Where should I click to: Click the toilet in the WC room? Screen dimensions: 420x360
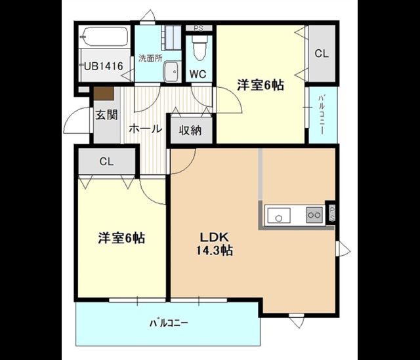point(199,48)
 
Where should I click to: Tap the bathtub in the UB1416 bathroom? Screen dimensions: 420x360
point(105,37)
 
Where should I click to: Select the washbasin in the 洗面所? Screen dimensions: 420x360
point(171,71)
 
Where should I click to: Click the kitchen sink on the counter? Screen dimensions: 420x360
point(279,216)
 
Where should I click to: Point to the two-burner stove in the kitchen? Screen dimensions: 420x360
point(314,215)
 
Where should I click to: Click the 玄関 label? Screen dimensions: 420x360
point(106,115)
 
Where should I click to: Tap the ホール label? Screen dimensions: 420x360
point(146,129)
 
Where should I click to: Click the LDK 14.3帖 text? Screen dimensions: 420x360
point(215,244)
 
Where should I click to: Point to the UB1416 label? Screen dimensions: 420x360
point(104,66)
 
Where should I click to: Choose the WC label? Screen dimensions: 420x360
point(198,74)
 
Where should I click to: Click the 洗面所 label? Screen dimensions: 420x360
point(150,58)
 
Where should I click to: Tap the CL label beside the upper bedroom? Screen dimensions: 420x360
point(322,54)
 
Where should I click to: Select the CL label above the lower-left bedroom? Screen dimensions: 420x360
point(106,162)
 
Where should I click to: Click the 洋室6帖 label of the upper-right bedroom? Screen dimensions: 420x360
point(261,85)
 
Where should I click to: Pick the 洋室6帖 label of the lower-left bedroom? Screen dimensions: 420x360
point(121,237)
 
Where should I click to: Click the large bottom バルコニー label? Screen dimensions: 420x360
point(169,323)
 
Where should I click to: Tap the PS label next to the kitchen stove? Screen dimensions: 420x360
point(332,214)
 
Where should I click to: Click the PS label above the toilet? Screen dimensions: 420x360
point(198,28)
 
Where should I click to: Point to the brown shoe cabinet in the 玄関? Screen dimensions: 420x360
point(104,93)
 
